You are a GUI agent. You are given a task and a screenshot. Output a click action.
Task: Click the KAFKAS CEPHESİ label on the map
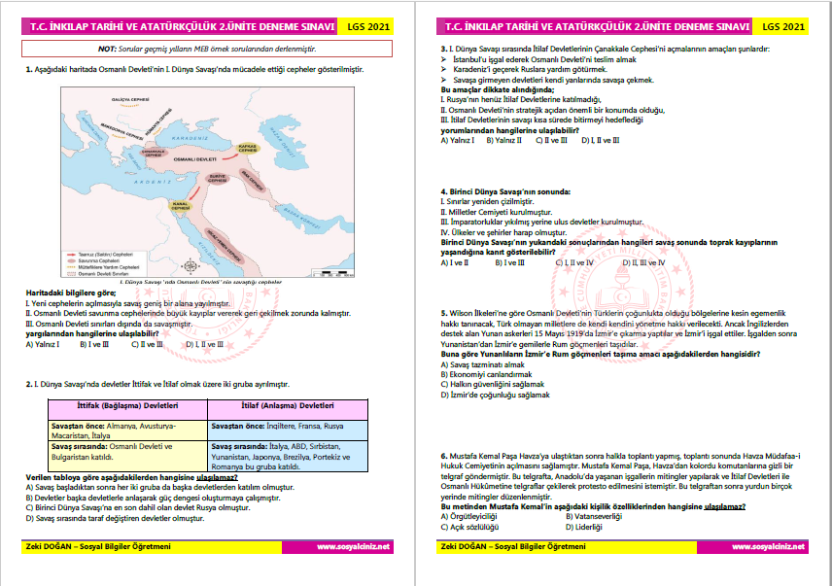tap(246, 149)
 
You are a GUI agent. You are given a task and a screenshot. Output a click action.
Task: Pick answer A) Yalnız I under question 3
tap(458, 140)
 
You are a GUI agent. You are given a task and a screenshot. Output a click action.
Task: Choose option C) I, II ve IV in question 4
tap(575, 262)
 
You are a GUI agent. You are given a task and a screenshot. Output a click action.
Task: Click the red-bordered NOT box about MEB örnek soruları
tap(207, 47)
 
